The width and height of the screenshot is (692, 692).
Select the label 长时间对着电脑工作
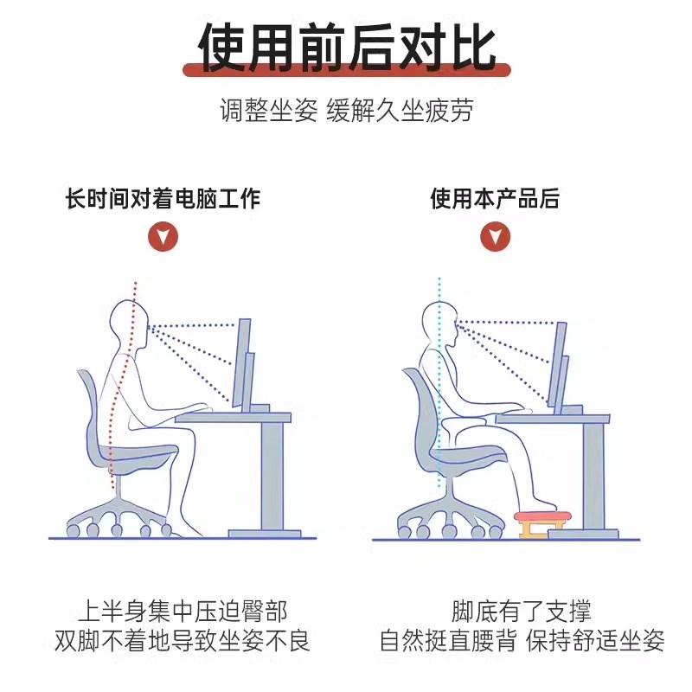click(163, 200)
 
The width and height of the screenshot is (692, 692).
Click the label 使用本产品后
click(495, 200)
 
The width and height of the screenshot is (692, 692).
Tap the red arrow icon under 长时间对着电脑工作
click(163, 236)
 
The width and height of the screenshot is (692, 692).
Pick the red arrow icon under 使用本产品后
click(495, 236)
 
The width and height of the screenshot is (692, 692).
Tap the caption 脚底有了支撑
click(522, 612)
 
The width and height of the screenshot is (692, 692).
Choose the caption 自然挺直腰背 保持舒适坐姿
click(522, 641)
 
